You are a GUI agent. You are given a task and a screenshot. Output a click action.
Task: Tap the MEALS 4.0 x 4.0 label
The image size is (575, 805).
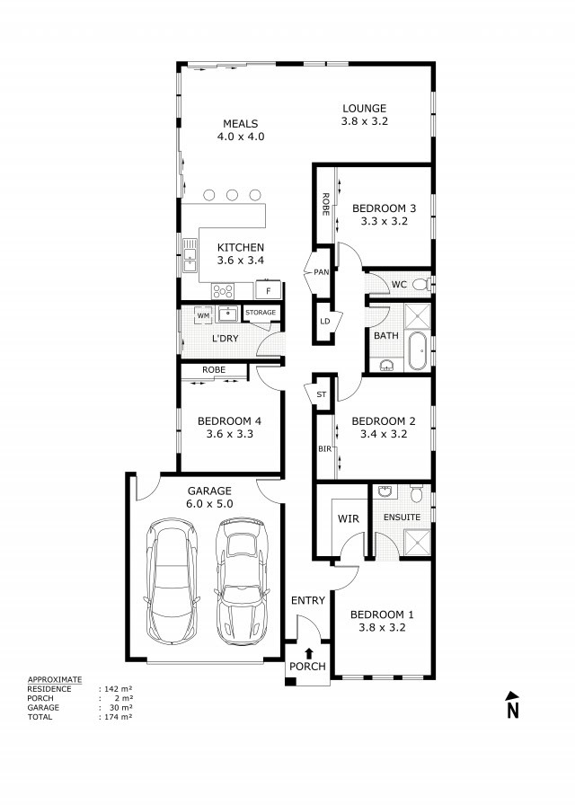(x=240, y=130)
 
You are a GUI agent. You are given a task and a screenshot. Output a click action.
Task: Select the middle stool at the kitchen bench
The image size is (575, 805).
(x=233, y=194)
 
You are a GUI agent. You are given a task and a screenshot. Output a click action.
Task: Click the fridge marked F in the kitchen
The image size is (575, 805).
(x=268, y=290)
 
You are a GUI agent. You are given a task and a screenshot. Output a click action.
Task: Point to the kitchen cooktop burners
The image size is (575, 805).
(x=222, y=290)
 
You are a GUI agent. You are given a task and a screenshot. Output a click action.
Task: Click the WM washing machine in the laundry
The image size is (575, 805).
(x=203, y=315)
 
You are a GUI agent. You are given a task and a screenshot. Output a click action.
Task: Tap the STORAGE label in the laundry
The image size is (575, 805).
(x=261, y=313)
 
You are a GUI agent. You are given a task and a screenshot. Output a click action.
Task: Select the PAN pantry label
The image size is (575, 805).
(x=321, y=271)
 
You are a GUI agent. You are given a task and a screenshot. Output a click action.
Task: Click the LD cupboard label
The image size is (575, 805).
(x=324, y=321)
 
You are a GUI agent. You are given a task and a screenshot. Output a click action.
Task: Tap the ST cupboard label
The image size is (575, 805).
(x=321, y=394)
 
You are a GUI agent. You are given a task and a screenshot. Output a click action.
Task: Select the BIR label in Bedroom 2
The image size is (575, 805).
(x=323, y=448)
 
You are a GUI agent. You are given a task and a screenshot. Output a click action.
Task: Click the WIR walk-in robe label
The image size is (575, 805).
(x=348, y=519)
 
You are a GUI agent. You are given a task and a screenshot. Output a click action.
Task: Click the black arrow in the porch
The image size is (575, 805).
(x=309, y=653)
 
